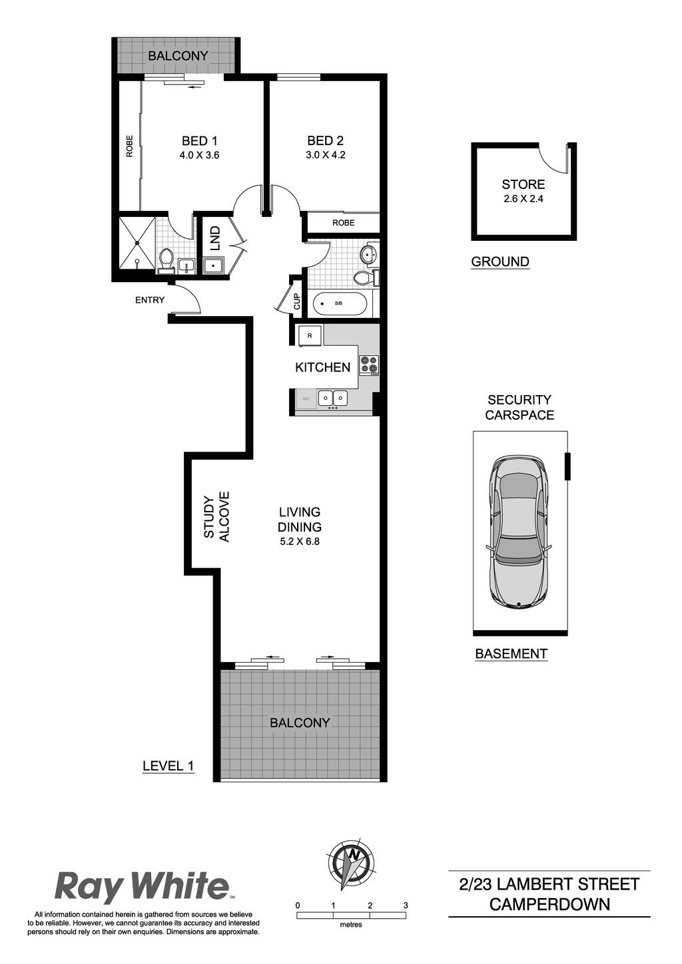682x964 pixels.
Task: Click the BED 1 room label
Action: click(200, 141)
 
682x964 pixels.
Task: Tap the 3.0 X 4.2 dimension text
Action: click(325, 155)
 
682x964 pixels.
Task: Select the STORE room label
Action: click(523, 185)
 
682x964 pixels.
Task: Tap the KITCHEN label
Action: click(323, 367)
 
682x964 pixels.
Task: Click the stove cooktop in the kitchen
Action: click(369, 365)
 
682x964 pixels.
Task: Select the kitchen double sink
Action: click(333, 398)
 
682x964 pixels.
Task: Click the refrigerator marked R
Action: click(310, 335)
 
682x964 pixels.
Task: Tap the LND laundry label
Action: click(215, 238)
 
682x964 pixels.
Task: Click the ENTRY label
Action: click(150, 300)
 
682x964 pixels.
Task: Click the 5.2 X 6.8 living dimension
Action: click(300, 542)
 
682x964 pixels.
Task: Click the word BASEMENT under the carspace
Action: click(511, 654)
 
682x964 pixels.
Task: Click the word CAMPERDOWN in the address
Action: click(549, 903)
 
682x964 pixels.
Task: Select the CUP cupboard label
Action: click(297, 301)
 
